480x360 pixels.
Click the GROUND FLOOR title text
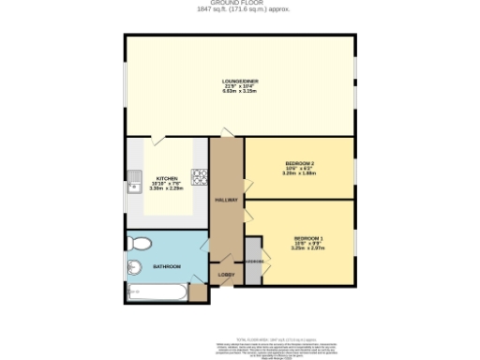(240, 5)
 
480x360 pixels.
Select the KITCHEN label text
(168, 178)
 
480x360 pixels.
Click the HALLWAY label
(226, 200)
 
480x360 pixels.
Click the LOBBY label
(226, 275)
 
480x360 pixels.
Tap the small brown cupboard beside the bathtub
(197, 292)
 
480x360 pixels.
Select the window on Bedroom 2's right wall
(355, 168)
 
